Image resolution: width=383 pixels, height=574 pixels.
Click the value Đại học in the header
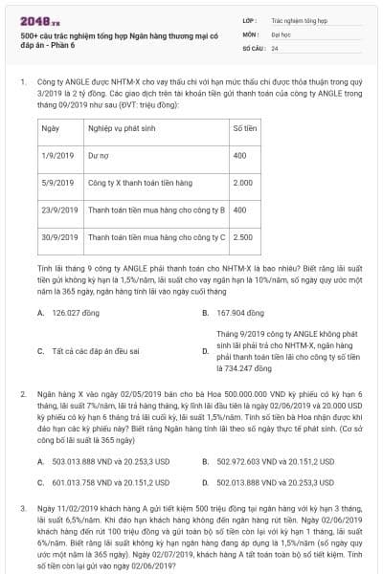click(x=282, y=33)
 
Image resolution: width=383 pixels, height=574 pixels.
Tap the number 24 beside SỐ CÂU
click(x=275, y=47)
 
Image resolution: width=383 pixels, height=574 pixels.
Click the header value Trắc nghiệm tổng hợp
click(x=297, y=18)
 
